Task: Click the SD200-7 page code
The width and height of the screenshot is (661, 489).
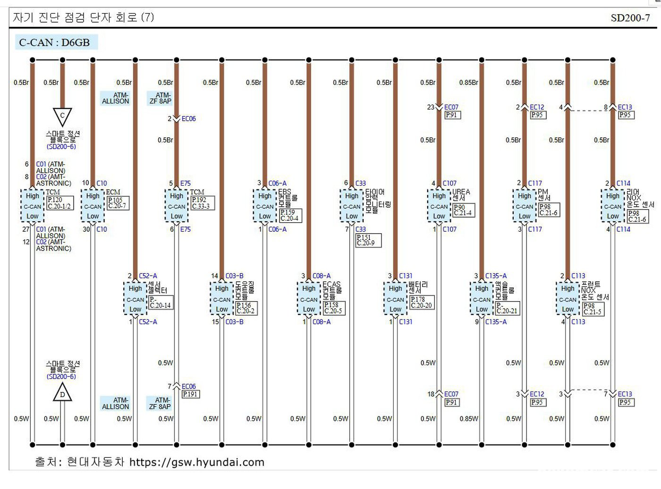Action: pos(630,18)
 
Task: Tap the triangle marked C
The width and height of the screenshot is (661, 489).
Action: pos(62,116)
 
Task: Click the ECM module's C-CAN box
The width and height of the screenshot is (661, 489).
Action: pos(93,206)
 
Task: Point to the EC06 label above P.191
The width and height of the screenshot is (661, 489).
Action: pos(189,386)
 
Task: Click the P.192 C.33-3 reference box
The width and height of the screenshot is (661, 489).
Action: pos(202,203)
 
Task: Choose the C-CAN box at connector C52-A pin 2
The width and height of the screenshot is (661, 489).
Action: pos(135,299)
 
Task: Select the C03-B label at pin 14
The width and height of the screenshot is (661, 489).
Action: pos(235,276)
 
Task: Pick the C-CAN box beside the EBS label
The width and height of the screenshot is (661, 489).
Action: pos(265,206)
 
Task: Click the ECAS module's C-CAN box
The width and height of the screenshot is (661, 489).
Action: pos(309,299)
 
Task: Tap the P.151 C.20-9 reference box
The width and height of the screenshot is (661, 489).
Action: pos(368,240)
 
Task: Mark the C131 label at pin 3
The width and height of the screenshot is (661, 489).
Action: pos(406,276)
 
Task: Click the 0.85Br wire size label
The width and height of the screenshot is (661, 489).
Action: pos(468,83)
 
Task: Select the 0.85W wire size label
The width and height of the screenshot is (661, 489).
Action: pos(468,419)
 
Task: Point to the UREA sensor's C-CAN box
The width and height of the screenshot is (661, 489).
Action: pos(439,206)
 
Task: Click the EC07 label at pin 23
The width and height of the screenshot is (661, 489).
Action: pos(451,107)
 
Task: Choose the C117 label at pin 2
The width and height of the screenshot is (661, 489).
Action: pos(535,183)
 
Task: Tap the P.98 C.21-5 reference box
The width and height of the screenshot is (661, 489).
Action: pos(593,309)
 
